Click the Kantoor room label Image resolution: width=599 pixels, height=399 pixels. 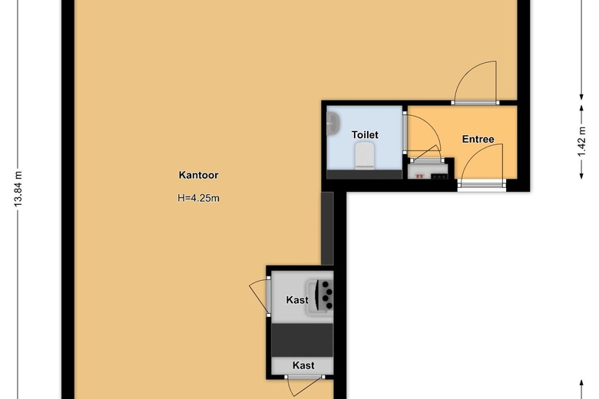(x=198, y=175)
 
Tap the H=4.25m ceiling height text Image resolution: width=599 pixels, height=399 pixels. (x=198, y=198)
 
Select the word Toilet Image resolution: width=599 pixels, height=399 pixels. (x=365, y=135)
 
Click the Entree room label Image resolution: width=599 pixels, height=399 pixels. (x=478, y=139)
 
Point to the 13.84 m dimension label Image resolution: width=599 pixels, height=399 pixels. (x=18, y=189)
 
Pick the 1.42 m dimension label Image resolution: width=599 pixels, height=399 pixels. (x=581, y=142)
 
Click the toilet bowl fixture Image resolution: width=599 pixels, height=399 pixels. (x=365, y=155)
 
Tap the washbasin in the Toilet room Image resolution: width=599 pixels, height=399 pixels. (x=333, y=124)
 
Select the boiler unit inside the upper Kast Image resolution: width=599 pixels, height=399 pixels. (x=320, y=297)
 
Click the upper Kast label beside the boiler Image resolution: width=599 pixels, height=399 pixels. (x=297, y=300)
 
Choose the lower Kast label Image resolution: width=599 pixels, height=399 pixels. (x=303, y=365)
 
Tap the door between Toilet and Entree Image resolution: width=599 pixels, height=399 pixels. (x=422, y=134)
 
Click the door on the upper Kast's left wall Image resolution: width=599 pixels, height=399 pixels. (x=260, y=296)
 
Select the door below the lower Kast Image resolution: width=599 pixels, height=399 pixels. (x=304, y=387)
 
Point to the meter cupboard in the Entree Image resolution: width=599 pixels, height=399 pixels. (x=428, y=170)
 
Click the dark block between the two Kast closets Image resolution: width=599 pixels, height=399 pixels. (x=302, y=341)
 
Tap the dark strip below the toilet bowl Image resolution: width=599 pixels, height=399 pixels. (x=365, y=174)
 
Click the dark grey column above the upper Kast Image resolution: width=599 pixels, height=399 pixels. (x=327, y=229)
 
